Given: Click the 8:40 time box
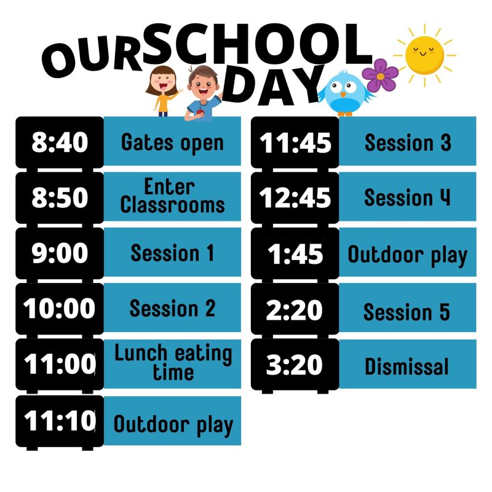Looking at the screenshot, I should (x=60, y=142).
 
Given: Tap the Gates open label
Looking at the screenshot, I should (x=172, y=142).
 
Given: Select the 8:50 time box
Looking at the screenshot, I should (x=60, y=197).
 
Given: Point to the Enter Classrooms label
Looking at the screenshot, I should (x=172, y=196).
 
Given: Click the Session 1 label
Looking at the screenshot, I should (x=172, y=252).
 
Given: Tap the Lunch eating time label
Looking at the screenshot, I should (x=172, y=363).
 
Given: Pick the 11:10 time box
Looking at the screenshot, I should (x=60, y=421).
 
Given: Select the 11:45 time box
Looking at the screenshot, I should (x=295, y=142).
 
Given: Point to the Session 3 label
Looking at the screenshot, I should (x=408, y=142).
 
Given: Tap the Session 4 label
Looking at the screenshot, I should (x=408, y=197).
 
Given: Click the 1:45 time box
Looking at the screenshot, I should (x=295, y=253).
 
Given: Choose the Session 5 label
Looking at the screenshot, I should (x=408, y=311).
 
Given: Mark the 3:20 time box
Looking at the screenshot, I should (x=295, y=365).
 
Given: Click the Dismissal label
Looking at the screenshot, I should (x=408, y=367).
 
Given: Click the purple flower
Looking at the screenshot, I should (x=380, y=75).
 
